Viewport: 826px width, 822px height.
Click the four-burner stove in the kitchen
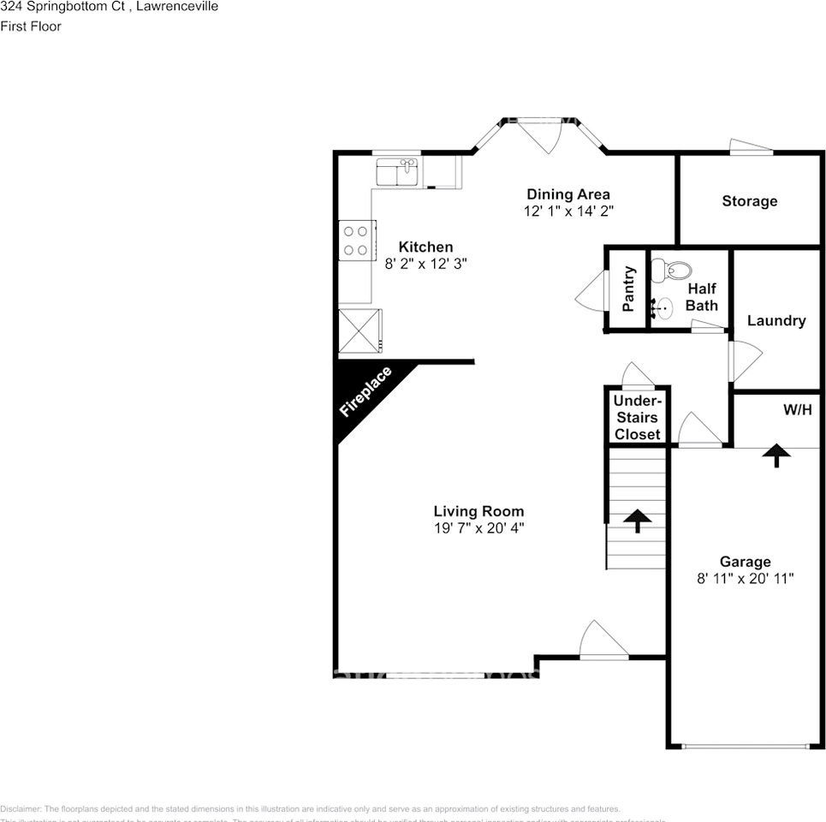point(356,240)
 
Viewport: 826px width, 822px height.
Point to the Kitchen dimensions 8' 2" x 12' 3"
point(425,265)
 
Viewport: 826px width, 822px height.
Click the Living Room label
point(478,511)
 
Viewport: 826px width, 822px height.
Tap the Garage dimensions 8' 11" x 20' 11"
point(745,579)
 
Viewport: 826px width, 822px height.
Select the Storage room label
point(749,201)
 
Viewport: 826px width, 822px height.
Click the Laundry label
point(775,321)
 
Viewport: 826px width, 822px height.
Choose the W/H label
point(797,410)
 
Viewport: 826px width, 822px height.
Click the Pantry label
point(627,289)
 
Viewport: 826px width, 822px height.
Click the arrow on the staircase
point(637,520)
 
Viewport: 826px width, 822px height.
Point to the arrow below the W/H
point(776,455)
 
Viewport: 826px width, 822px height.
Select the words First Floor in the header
point(31,27)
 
